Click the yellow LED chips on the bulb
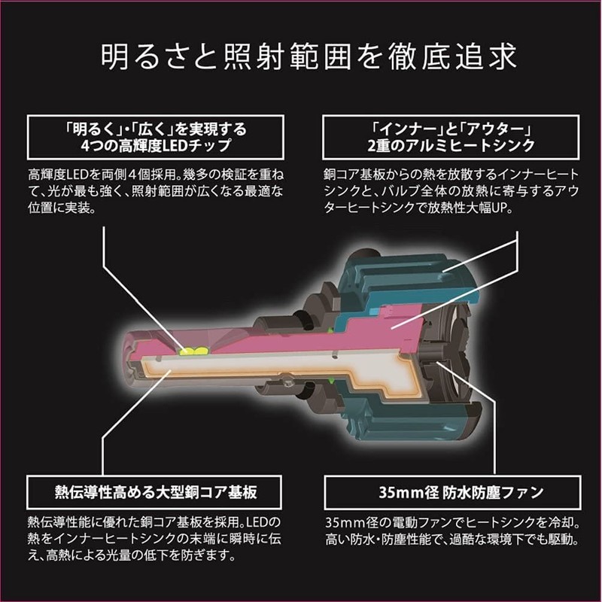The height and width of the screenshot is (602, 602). (x=193, y=351)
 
